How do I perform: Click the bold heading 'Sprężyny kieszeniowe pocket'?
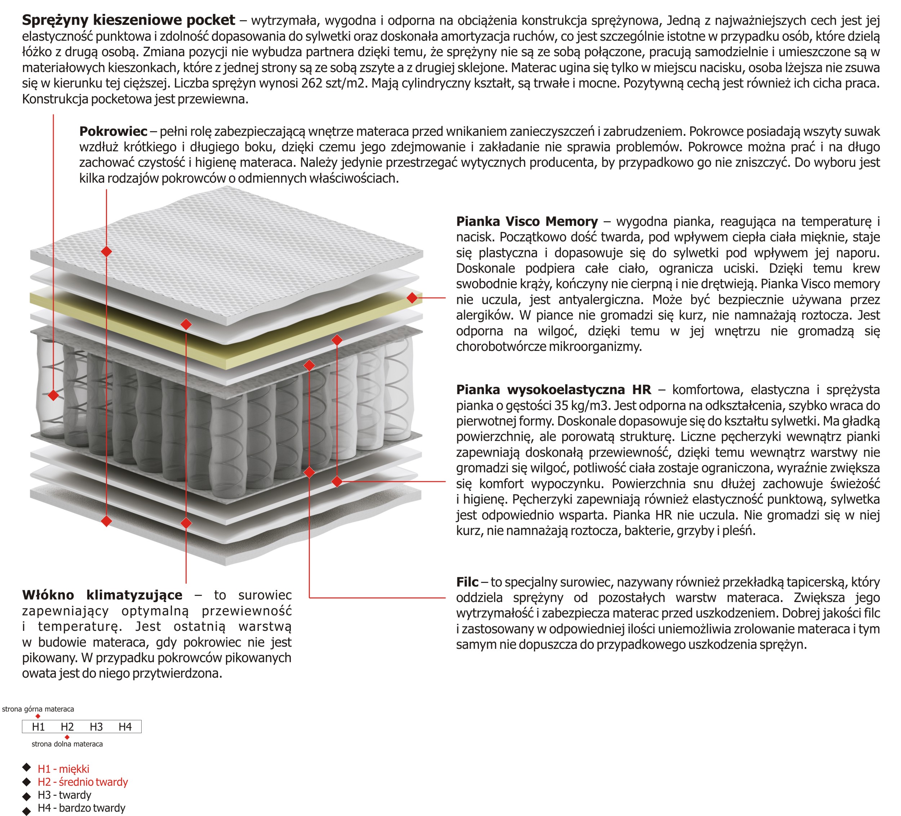pos(128,20)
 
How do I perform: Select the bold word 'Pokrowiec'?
pos(113,131)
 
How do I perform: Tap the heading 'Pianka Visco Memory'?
pos(527,221)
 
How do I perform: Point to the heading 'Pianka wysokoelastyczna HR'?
pos(553,390)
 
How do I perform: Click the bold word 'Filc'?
pos(467,582)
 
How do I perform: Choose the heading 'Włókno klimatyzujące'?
pos(102,595)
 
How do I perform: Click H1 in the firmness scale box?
pos(39,727)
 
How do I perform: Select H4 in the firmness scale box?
pos(125,727)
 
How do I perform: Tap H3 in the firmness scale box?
pos(96,727)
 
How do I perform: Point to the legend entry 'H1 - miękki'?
pos(63,769)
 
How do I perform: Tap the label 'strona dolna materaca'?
pos(67,744)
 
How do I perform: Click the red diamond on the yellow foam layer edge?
pos(412,298)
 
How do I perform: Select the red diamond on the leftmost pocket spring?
pos(53,395)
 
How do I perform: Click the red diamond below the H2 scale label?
pos(67,737)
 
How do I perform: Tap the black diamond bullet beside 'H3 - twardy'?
pos(27,796)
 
